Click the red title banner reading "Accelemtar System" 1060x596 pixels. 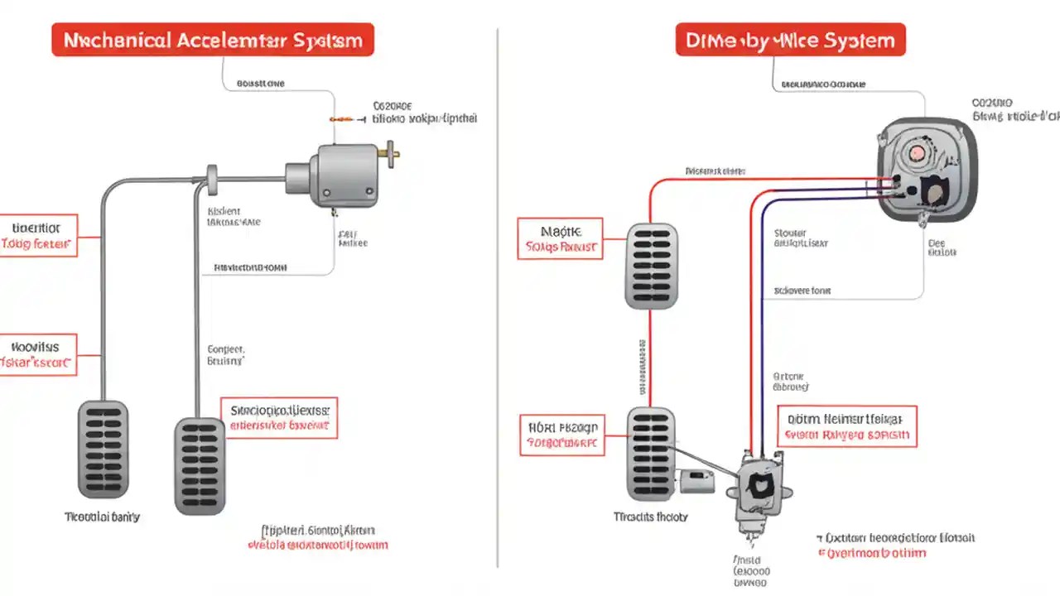pos(212,40)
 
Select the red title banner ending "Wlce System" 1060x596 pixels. pos(790,40)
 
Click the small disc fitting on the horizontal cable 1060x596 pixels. pos(212,176)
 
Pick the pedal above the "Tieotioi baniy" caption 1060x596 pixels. pos(103,448)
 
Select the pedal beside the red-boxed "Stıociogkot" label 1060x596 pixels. pos(200,465)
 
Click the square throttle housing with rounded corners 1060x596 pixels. pos(926,169)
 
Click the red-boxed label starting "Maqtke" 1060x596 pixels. pos(560,238)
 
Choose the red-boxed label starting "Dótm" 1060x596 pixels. pos(846,426)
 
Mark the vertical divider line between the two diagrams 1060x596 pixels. pos(498,298)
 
